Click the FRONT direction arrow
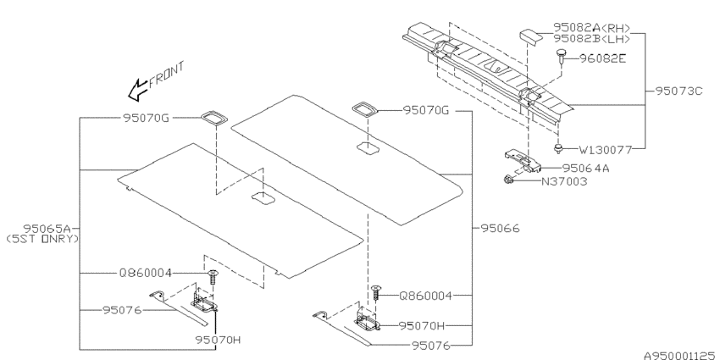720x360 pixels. coord(138,89)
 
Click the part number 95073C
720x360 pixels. coord(678,91)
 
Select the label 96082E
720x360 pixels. coord(602,58)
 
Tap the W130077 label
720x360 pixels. coord(605,149)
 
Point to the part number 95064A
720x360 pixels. coord(586,169)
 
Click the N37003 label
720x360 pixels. coord(564,181)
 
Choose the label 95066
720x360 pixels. coord(500,228)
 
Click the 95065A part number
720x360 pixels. coord(47,228)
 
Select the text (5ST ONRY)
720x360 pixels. coord(42,239)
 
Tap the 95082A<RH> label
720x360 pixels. coord(592,28)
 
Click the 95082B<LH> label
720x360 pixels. coord(592,39)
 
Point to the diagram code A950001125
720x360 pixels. coord(679,356)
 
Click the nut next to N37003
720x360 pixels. coord(508,180)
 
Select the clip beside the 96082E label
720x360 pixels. coord(561,56)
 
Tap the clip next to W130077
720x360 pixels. coord(559,148)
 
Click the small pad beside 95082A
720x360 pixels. coord(531,36)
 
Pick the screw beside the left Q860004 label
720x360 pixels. coord(213,276)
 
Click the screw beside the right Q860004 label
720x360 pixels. coord(376,292)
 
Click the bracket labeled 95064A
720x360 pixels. coord(523,161)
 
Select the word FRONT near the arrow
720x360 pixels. coord(166,74)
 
